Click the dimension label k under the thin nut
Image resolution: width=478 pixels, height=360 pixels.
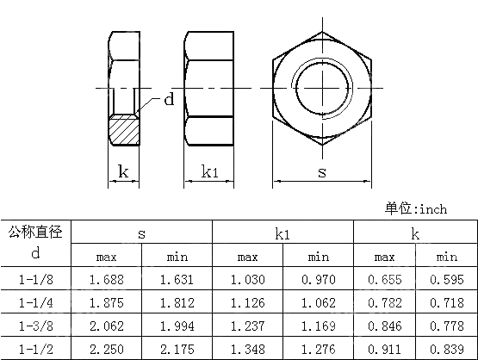click(123, 172)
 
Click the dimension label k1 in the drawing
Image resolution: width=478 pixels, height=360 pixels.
click(210, 172)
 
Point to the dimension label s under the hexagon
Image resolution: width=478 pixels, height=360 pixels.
click(322, 171)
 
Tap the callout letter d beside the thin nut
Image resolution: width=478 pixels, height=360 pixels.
click(169, 100)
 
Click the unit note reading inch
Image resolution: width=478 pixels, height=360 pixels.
click(416, 208)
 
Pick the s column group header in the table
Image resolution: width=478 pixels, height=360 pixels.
click(141, 233)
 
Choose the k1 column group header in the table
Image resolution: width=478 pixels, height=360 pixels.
click(282, 233)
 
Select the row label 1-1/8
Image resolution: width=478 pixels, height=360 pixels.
click(35, 279)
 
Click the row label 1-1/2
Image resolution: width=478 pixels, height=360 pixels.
click(35, 349)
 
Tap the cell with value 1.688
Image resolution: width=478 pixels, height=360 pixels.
click(106, 279)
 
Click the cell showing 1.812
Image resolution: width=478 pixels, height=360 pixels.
click(177, 302)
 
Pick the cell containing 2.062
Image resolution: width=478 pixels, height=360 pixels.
click(106, 326)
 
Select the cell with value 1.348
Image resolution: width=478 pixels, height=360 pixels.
click(247, 349)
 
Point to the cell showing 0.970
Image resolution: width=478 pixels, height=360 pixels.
click(318, 279)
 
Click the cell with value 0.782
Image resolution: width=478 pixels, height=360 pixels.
click(384, 302)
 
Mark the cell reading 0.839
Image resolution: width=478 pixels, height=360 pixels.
click(447, 349)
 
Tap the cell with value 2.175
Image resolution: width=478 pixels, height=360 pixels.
click(177, 349)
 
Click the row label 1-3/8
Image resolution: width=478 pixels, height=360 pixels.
click(35, 326)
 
